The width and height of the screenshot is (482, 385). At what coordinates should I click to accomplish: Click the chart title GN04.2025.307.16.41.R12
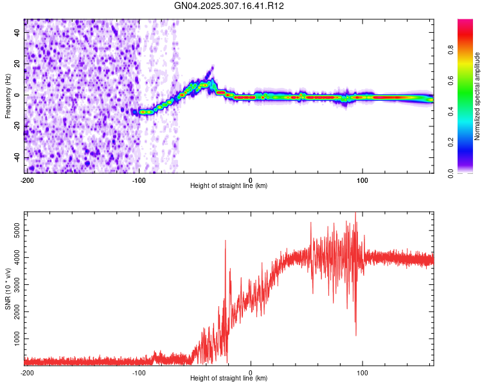tap(229, 6)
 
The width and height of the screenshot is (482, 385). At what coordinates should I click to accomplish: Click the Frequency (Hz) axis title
tap(8, 96)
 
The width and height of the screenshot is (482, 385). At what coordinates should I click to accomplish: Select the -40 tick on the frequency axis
tap(17, 158)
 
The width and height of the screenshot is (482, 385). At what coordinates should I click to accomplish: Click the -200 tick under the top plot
tap(26, 179)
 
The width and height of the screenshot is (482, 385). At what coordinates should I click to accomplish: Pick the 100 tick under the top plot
tap(362, 179)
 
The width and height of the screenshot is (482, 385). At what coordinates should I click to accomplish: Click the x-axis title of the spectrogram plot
tap(229, 186)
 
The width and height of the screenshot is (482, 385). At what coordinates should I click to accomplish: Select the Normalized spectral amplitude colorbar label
tap(478, 96)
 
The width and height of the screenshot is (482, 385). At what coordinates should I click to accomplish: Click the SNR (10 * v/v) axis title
tap(8, 289)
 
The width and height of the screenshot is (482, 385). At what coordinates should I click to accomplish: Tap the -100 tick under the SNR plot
tap(138, 372)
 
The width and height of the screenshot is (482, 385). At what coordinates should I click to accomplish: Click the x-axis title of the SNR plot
tap(229, 379)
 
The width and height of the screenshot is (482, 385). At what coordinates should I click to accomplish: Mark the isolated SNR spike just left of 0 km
tap(226, 241)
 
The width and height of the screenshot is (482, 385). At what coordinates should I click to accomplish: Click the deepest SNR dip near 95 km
tap(356, 334)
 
